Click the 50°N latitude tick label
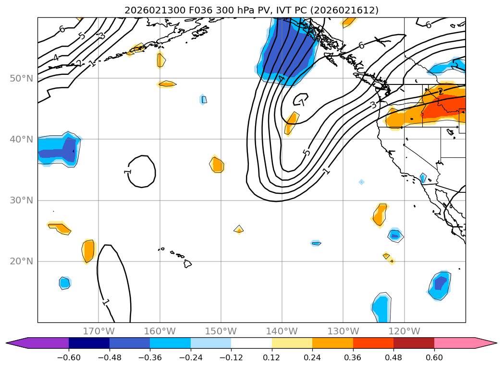[x=22, y=78]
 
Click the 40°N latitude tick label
[x=22, y=140]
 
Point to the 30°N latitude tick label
[x=22, y=201]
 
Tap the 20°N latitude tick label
[x=22, y=261]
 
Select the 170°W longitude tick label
[x=98, y=331]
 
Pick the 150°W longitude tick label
[x=221, y=331]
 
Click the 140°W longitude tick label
[x=282, y=331]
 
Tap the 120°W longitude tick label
[x=404, y=331]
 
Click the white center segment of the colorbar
[x=251, y=343]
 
